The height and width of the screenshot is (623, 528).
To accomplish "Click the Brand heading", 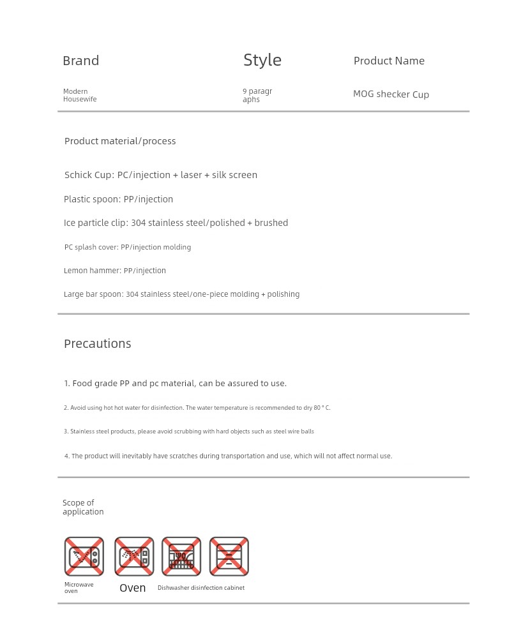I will (x=80, y=61).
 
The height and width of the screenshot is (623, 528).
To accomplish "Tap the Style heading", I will (x=262, y=60).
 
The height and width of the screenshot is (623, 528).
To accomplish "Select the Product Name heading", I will (x=389, y=61).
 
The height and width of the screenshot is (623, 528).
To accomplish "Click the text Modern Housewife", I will (x=80, y=95).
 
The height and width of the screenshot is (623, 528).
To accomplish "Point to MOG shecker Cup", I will (x=391, y=94).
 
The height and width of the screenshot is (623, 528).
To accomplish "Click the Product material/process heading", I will (x=120, y=141).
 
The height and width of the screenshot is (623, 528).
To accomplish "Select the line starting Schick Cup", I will (x=161, y=175).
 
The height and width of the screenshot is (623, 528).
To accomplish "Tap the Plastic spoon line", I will (x=118, y=199).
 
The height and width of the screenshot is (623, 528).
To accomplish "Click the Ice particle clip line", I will (x=176, y=223).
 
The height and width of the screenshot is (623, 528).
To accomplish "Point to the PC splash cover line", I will (x=127, y=247).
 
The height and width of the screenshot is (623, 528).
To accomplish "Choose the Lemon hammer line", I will (x=114, y=271).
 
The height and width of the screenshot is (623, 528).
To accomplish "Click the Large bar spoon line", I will (x=181, y=294).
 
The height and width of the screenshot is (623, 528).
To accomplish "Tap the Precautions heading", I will (x=97, y=343).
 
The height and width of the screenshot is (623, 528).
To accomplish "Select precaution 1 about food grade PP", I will (x=175, y=384).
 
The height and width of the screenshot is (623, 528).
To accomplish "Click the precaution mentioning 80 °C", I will (x=197, y=408).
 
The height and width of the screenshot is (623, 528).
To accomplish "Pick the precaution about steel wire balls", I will (x=188, y=432).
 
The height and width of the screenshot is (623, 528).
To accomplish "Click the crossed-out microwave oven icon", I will (x=84, y=556).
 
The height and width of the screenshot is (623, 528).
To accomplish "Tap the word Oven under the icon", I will (x=132, y=588).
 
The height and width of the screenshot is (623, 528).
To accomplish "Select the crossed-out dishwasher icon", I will (x=181, y=556).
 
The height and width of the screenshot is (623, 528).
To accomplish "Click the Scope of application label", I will (x=82, y=507).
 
